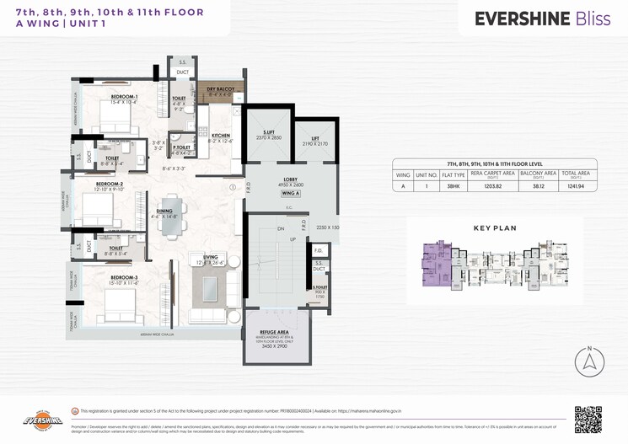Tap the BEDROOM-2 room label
pyautogui.click(x=110, y=183)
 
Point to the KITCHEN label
pyautogui.click(x=221, y=135)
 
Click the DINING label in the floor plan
pyautogui.click(x=165, y=212)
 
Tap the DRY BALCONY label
pyautogui.click(x=220, y=88)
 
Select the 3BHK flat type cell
pyautogui.click(x=454, y=185)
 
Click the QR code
pyautogui.click(x=588, y=418)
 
